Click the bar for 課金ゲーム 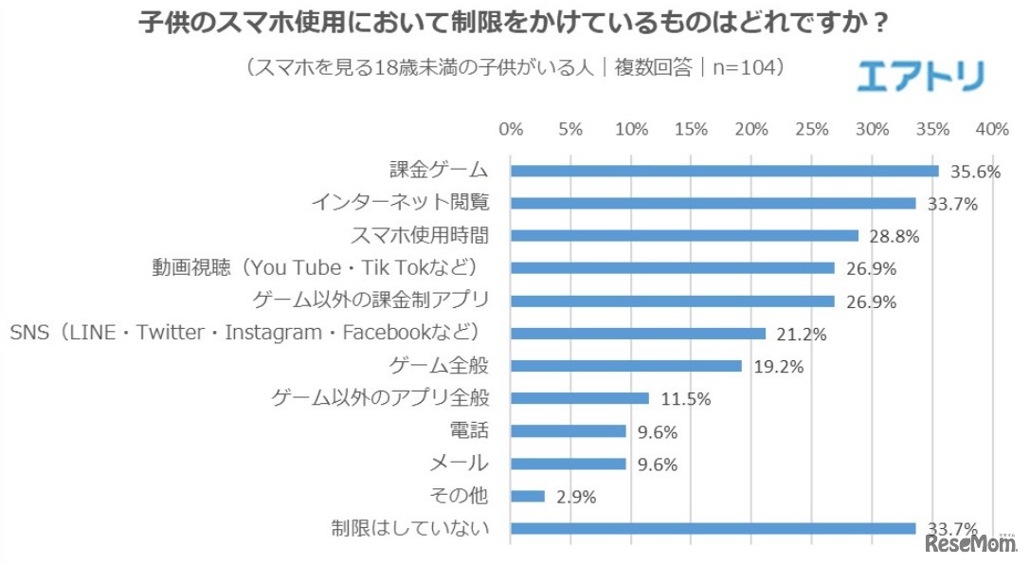(x=725, y=171)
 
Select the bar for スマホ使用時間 (x=684, y=235)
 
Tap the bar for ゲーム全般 (x=626, y=366)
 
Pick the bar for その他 (x=528, y=496)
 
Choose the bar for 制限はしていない (x=714, y=528)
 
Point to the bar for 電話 (x=569, y=431)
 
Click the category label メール (x=459, y=464)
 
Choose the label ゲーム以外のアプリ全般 (x=380, y=398)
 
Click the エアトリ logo (x=920, y=76)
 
